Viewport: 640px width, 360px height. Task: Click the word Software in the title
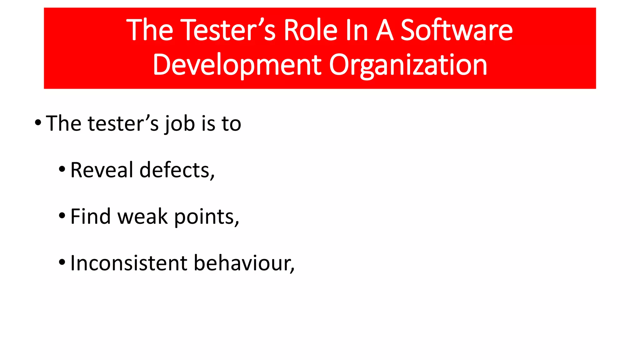click(x=456, y=30)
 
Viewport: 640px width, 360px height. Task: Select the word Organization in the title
click(x=408, y=65)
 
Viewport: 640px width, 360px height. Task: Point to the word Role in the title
click(x=310, y=30)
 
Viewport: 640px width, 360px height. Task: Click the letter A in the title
click(x=384, y=30)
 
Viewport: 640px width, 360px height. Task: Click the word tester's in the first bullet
click(x=123, y=123)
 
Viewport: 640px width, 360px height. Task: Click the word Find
click(x=90, y=216)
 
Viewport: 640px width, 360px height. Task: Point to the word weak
click(x=143, y=216)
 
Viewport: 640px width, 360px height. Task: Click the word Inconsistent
click(x=128, y=263)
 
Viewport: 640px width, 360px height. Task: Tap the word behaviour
click(x=244, y=263)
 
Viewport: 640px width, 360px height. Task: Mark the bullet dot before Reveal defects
click(x=62, y=169)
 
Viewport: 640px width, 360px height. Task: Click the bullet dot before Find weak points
click(x=62, y=216)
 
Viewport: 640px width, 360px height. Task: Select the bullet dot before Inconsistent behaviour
click(x=62, y=262)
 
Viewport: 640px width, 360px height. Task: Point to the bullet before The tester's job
click(x=38, y=122)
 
